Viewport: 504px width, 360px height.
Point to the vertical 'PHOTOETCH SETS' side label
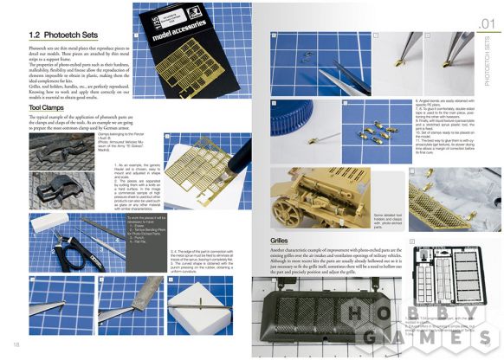(489, 61)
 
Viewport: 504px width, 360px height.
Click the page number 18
(16, 345)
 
